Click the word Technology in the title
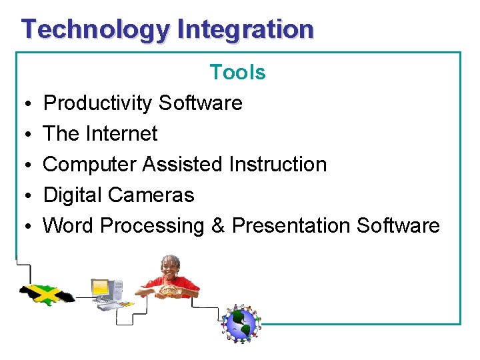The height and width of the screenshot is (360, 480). [x=96, y=30]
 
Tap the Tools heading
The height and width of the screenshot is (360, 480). [x=237, y=72]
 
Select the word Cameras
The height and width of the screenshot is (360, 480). [x=151, y=195]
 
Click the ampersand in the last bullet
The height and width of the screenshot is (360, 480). [x=218, y=226]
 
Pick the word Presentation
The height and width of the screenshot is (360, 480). [x=291, y=226]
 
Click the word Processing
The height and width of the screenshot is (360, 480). [x=152, y=226]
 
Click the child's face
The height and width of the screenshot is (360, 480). [x=171, y=267]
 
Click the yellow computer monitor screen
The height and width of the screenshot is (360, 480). [x=100, y=288]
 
